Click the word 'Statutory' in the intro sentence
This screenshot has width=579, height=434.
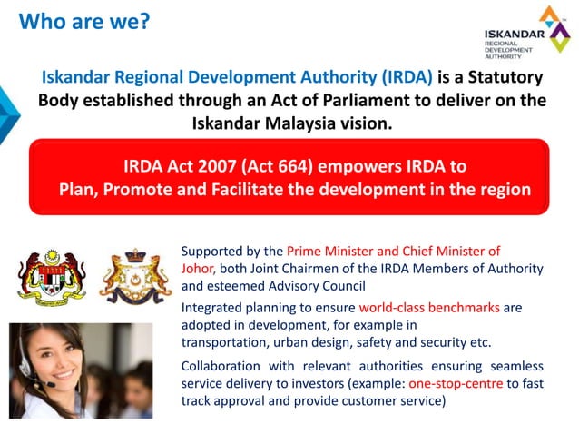click(503, 78)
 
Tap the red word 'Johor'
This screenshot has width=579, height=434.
click(197, 268)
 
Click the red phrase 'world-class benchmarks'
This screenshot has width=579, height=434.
click(428, 308)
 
